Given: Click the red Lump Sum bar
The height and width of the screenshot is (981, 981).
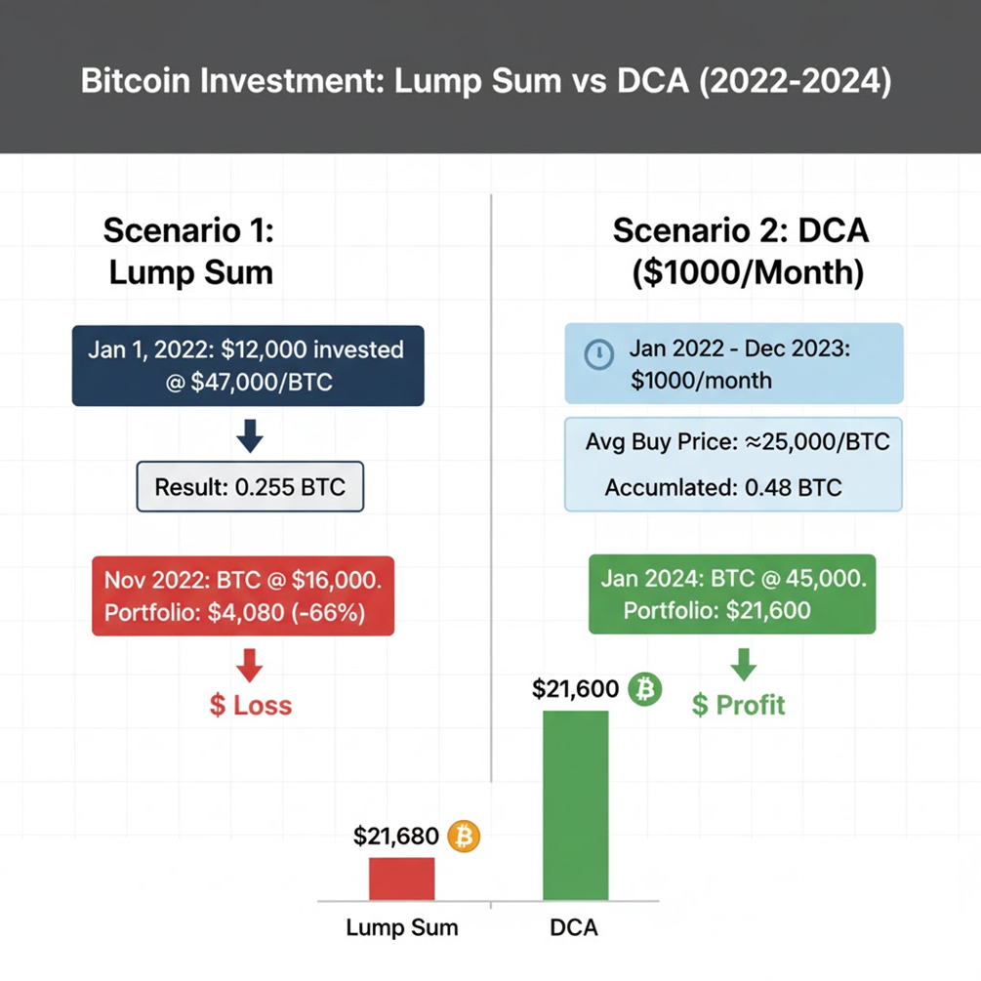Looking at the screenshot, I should point(401,879).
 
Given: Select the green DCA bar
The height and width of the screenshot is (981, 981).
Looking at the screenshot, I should point(575,805).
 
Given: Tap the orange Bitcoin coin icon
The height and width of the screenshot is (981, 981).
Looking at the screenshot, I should point(464,836).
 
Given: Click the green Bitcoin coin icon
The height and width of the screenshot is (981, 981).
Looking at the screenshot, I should point(644,689).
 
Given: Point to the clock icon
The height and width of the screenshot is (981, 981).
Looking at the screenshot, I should point(598,354).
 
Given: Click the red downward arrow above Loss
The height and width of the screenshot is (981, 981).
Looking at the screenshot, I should point(250,665).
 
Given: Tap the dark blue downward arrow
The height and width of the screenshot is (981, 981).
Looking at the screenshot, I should point(250,435).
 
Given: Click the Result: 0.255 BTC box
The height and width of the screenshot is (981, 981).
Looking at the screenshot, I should point(250,486).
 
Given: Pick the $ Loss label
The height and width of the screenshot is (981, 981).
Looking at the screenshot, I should point(250,705).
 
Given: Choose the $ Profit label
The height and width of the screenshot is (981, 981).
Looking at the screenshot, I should point(738,705).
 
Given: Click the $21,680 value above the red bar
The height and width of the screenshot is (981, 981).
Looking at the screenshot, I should point(395,837).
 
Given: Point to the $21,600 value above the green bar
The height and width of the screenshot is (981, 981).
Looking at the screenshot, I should point(576,689).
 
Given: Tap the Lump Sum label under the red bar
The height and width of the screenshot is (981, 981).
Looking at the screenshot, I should point(401,927).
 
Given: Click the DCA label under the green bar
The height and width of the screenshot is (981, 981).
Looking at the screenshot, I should point(574,927).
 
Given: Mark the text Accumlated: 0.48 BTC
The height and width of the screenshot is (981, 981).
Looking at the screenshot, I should point(722,487).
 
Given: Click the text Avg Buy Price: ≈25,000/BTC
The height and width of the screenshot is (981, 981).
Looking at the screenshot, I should point(737,441).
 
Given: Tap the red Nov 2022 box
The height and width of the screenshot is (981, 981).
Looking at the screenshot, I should point(243,595).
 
